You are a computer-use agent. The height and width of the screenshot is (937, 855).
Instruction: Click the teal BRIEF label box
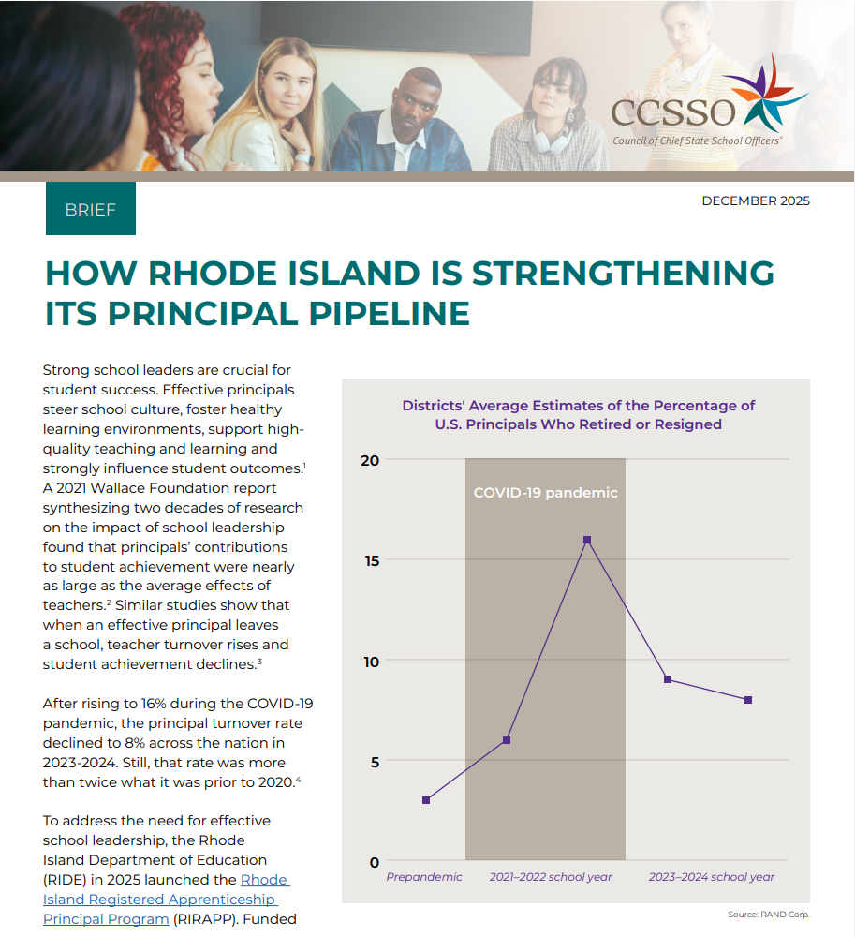pyautogui.click(x=91, y=208)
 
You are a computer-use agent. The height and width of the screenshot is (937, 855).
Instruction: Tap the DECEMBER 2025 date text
pyautogui.click(x=755, y=201)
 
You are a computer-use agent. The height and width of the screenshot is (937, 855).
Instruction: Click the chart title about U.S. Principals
pyautogui.click(x=578, y=415)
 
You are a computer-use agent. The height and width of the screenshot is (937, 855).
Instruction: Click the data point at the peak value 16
pyautogui.click(x=587, y=540)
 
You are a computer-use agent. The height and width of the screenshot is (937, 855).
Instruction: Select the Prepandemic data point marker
pyautogui.click(x=426, y=800)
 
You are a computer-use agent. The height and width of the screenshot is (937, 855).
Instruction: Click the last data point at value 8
pyautogui.click(x=748, y=700)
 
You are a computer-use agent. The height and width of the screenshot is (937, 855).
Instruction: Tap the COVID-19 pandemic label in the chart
pyautogui.click(x=545, y=493)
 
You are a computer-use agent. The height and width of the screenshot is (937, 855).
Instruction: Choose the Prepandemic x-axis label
pyautogui.click(x=424, y=877)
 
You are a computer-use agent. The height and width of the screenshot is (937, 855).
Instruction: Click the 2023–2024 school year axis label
pyautogui.click(x=712, y=877)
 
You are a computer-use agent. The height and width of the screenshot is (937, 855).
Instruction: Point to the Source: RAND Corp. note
pyautogui.click(x=768, y=915)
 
